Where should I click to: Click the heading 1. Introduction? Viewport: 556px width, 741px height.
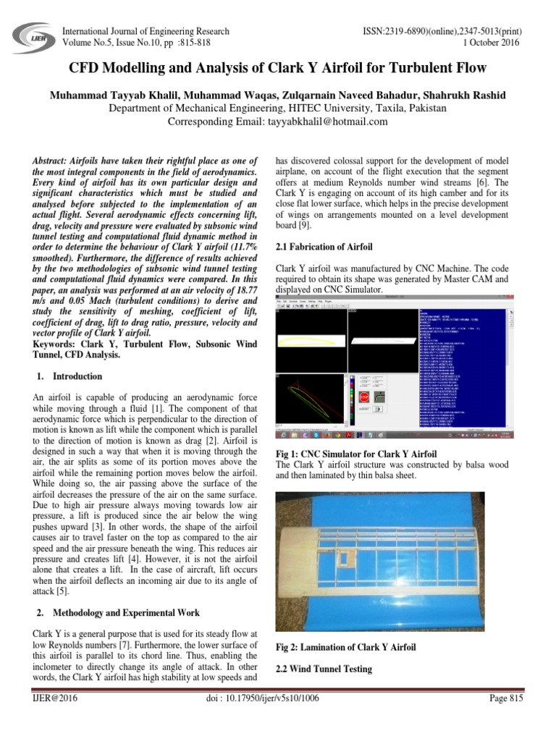coord(69,376)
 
